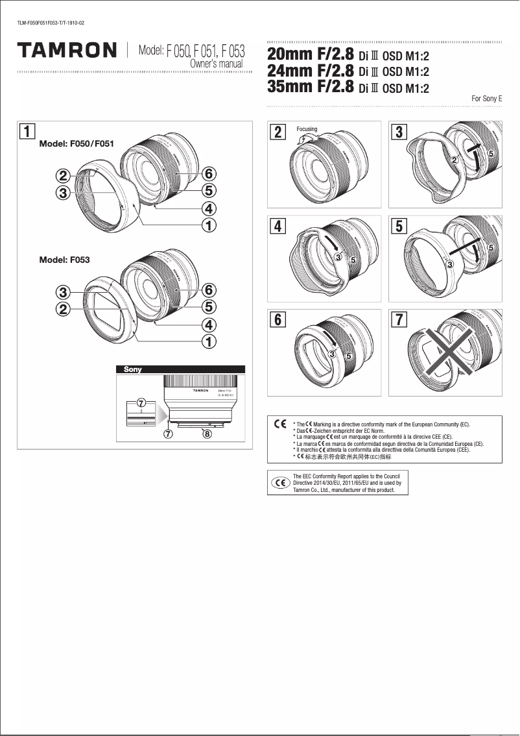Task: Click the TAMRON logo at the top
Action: [x=67, y=50]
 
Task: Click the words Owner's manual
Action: [x=217, y=64]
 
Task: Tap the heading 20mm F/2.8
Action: [x=310, y=55]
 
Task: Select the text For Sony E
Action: [x=487, y=99]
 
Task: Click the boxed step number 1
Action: [x=27, y=132]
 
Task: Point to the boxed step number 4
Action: [x=278, y=227]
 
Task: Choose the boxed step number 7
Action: [x=400, y=320]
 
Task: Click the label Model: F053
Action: [x=64, y=260]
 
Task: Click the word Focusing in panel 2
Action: [x=307, y=129]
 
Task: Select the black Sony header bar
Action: [x=180, y=369]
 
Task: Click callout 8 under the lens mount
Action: [x=207, y=434]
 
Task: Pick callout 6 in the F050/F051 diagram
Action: [x=208, y=174]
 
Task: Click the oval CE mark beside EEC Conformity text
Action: [x=280, y=483]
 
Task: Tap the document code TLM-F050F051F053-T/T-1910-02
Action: [x=51, y=24]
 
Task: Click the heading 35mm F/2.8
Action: [x=310, y=87]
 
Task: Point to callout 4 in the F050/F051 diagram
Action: [x=208, y=209]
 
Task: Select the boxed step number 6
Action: [x=278, y=320]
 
